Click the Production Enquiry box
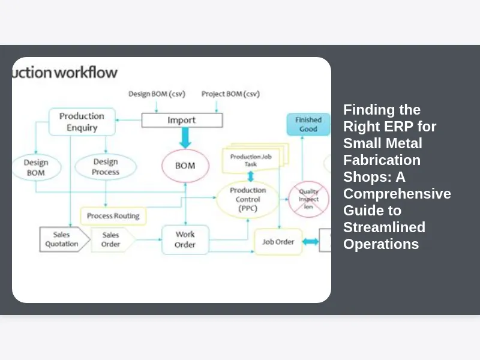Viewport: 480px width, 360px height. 82,121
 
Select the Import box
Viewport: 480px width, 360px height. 182,120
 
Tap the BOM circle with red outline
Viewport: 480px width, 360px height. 185,166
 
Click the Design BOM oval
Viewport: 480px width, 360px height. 35,167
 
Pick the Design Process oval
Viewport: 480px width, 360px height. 106,167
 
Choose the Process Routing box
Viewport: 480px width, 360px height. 113,216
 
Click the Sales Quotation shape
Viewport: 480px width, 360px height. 62,239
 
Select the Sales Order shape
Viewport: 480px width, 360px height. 112,239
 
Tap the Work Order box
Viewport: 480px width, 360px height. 185,239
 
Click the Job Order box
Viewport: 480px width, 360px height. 278,242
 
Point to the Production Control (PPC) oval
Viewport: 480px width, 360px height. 247,199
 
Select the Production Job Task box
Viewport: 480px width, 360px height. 252,160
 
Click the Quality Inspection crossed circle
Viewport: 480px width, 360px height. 308,199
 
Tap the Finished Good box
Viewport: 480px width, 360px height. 308,124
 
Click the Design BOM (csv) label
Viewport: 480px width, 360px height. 157,94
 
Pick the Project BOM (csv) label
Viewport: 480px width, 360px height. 230,94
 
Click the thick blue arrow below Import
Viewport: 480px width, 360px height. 185,138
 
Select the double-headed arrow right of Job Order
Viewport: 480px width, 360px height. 310,242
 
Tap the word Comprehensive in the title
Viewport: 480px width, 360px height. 397,194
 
